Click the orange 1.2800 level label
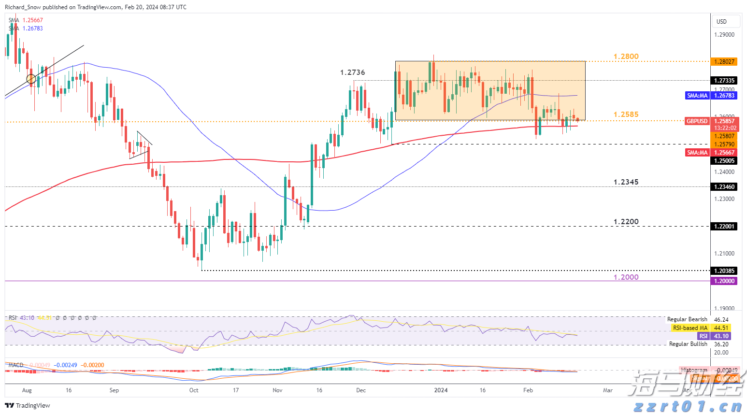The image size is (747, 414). [x=626, y=57]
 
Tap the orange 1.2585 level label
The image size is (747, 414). [x=626, y=114]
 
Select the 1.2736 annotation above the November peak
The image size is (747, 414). [x=352, y=72]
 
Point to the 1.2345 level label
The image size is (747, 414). [x=626, y=182]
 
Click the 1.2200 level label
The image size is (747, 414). [x=626, y=222]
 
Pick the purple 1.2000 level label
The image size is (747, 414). [x=626, y=277]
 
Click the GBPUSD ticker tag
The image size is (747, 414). [x=697, y=121]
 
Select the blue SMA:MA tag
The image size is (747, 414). [x=697, y=96]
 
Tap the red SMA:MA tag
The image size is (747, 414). [x=697, y=153]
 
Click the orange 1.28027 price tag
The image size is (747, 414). [x=724, y=62]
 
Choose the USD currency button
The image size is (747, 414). [x=721, y=22]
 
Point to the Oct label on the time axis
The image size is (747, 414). [x=194, y=390]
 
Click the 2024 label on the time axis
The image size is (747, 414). [x=441, y=390]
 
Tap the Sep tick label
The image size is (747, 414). [x=114, y=390]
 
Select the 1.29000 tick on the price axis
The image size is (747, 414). [x=724, y=35]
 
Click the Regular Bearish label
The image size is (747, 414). [x=687, y=319]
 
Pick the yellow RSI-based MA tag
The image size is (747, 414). [x=690, y=328]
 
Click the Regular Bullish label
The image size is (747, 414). [x=688, y=344]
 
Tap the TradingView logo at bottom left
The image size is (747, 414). [x=28, y=405]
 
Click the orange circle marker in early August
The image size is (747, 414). [x=31, y=78]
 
